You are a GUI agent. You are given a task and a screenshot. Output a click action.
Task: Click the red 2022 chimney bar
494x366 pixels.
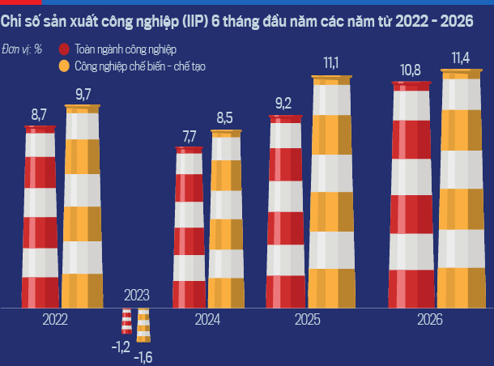40,217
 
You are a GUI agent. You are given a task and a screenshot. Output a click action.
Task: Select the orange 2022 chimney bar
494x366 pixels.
83,206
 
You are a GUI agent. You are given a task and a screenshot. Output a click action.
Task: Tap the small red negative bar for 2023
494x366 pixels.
126,321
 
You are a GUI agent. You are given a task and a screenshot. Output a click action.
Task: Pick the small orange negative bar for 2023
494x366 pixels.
143,326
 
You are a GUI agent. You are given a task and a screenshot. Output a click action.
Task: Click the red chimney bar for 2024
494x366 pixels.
189,227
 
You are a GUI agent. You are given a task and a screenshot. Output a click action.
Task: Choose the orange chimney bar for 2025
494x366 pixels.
331,192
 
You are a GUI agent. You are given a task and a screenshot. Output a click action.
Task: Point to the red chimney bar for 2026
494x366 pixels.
411,194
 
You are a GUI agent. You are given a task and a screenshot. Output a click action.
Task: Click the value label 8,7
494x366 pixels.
39,115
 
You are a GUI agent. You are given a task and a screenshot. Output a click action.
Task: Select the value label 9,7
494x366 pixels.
83,94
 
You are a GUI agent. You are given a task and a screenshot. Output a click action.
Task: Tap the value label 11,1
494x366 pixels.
330,63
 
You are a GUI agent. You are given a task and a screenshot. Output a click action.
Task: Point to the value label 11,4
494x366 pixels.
461,58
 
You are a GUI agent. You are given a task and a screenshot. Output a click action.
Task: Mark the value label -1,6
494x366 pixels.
143,357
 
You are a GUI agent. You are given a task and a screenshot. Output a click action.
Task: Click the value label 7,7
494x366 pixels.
190,137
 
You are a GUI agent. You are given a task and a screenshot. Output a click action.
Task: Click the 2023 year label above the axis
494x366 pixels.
136,296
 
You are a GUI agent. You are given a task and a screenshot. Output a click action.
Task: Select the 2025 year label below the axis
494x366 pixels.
308,320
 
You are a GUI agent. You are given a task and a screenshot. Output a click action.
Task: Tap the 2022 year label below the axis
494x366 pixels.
55,320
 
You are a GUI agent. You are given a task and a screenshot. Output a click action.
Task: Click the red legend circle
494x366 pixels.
64,49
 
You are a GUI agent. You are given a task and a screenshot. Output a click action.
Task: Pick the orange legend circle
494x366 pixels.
64,66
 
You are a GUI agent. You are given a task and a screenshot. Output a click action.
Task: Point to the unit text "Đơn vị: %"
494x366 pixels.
22,49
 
